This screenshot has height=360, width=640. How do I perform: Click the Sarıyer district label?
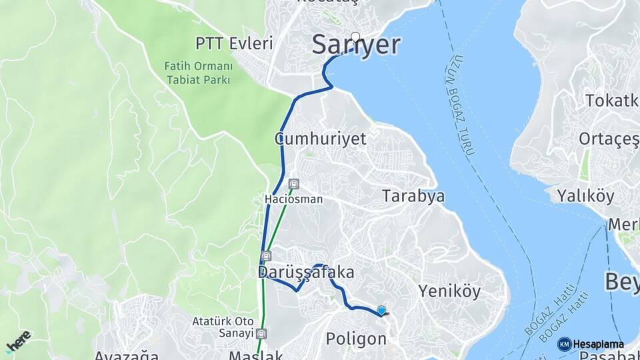tap(357, 45)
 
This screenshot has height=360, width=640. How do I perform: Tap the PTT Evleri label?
tap(234, 44)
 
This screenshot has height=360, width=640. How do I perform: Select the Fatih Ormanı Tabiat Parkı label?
tap(198, 73)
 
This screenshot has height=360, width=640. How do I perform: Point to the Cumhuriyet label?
tap(321, 139)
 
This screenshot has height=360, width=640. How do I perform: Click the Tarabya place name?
tap(413, 196)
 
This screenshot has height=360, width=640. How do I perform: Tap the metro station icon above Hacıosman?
tap(294, 184)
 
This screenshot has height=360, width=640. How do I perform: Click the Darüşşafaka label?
tap(306, 273)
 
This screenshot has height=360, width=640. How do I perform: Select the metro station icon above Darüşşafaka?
tap(267, 256)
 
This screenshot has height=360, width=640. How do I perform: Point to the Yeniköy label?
tap(449, 291)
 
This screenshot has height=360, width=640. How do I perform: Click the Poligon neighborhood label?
tap(356, 339)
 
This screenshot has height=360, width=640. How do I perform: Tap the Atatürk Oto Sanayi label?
tap(223, 327)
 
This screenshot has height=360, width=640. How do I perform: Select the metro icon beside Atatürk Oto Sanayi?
tap(263, 333)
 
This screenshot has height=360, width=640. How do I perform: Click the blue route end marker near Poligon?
tap(381, 310)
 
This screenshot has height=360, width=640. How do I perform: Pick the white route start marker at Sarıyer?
tap(355, 37)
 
